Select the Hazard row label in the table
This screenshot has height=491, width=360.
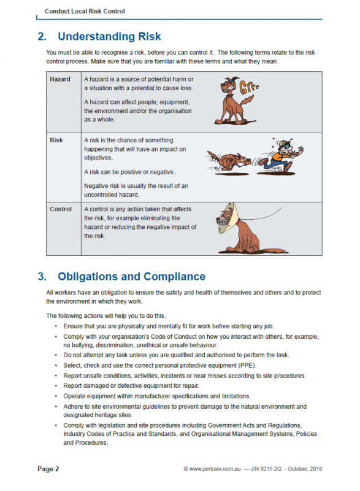coord(60,79)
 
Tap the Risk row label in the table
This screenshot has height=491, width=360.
coord(56,141)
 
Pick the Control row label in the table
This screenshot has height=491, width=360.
coord(61,209)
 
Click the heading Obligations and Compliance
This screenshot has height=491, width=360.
coord(131,276)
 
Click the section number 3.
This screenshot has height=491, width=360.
coord(42,276)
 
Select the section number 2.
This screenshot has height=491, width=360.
coord(42,37)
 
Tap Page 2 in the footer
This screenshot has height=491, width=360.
coord(48,470)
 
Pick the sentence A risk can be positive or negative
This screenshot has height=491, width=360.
coord(129,171)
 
